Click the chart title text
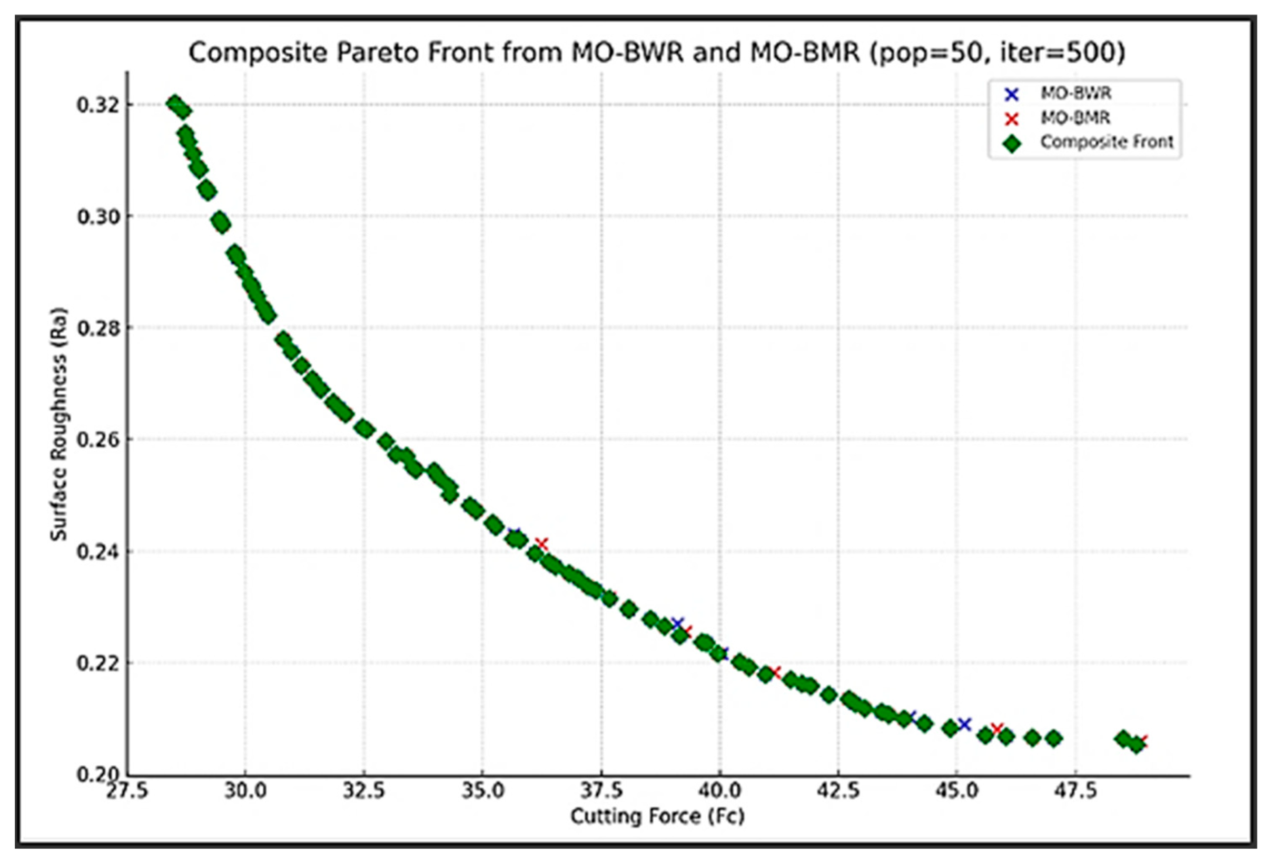[656, 53]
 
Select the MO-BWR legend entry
[1075, 94]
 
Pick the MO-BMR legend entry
[1075, 118]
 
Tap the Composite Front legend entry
[1106, 142]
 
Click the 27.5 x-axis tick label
[127, 791]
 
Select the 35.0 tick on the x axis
[483, 791]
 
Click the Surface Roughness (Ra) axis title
[58, 424]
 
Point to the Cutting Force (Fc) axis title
[657, 816]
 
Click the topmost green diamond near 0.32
[175, 104]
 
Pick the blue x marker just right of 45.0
[964, 724]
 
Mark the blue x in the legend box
[1011, 94]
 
